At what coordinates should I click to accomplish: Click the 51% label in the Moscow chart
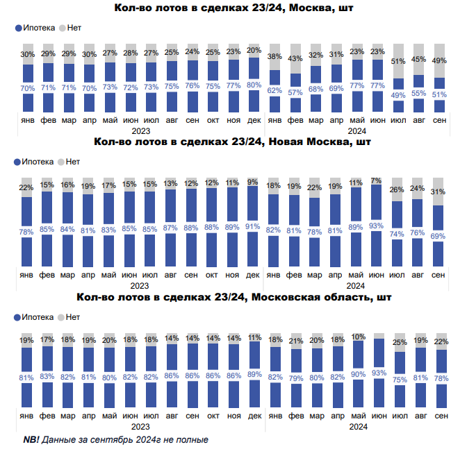click(398, 61)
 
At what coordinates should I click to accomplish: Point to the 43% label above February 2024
click(295, 58)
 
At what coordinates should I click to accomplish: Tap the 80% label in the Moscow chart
click(254, 85)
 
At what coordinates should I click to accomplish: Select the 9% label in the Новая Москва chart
click(254, 183)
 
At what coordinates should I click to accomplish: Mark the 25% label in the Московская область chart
click(398, 342)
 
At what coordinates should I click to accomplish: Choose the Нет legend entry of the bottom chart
click(69, 317)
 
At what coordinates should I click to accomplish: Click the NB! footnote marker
click(31, 440)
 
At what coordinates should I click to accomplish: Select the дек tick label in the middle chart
click(254, 276)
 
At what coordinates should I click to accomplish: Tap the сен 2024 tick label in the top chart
click(439, 120)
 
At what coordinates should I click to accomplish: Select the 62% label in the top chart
click(274, 90)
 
